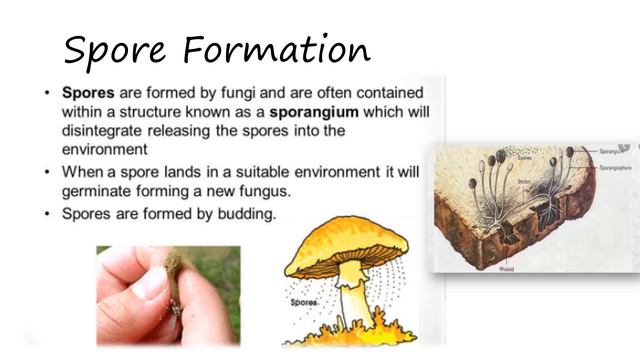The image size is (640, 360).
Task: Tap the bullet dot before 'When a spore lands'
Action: click(47, 172)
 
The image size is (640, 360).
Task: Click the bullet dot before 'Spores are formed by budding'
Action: click(47, 213)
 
